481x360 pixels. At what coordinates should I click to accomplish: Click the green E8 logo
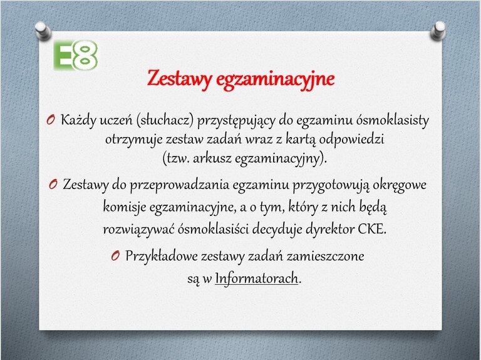click(x=76, y=56)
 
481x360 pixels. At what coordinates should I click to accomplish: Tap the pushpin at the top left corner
click(x=43, y=31)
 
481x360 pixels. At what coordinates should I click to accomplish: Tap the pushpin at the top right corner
click(x=438, y=30)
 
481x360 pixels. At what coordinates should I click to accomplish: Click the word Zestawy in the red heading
click(x=180, y=79)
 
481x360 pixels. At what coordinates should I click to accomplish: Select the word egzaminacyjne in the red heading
click(x=275, y=80)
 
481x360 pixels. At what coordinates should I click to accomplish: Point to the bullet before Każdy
click(x=51, y=120)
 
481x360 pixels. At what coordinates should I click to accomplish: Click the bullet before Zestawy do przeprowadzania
click(x=53, y=184)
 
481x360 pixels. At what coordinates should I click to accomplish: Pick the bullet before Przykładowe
click(x=115, y=255)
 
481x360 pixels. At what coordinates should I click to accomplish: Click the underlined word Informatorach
click(x=256, y=279)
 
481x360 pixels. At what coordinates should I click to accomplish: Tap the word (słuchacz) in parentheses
click(x=165, y=120)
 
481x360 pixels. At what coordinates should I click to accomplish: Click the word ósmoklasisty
click(x=392, y=120)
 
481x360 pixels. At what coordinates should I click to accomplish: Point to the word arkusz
click(x=212, y=158)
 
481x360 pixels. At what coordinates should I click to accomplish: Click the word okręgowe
click(x=400, y=185)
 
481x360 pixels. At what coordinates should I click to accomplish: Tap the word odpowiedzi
click(x=351, y=140)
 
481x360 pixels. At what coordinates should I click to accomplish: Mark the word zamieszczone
click(x=326, y=256)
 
